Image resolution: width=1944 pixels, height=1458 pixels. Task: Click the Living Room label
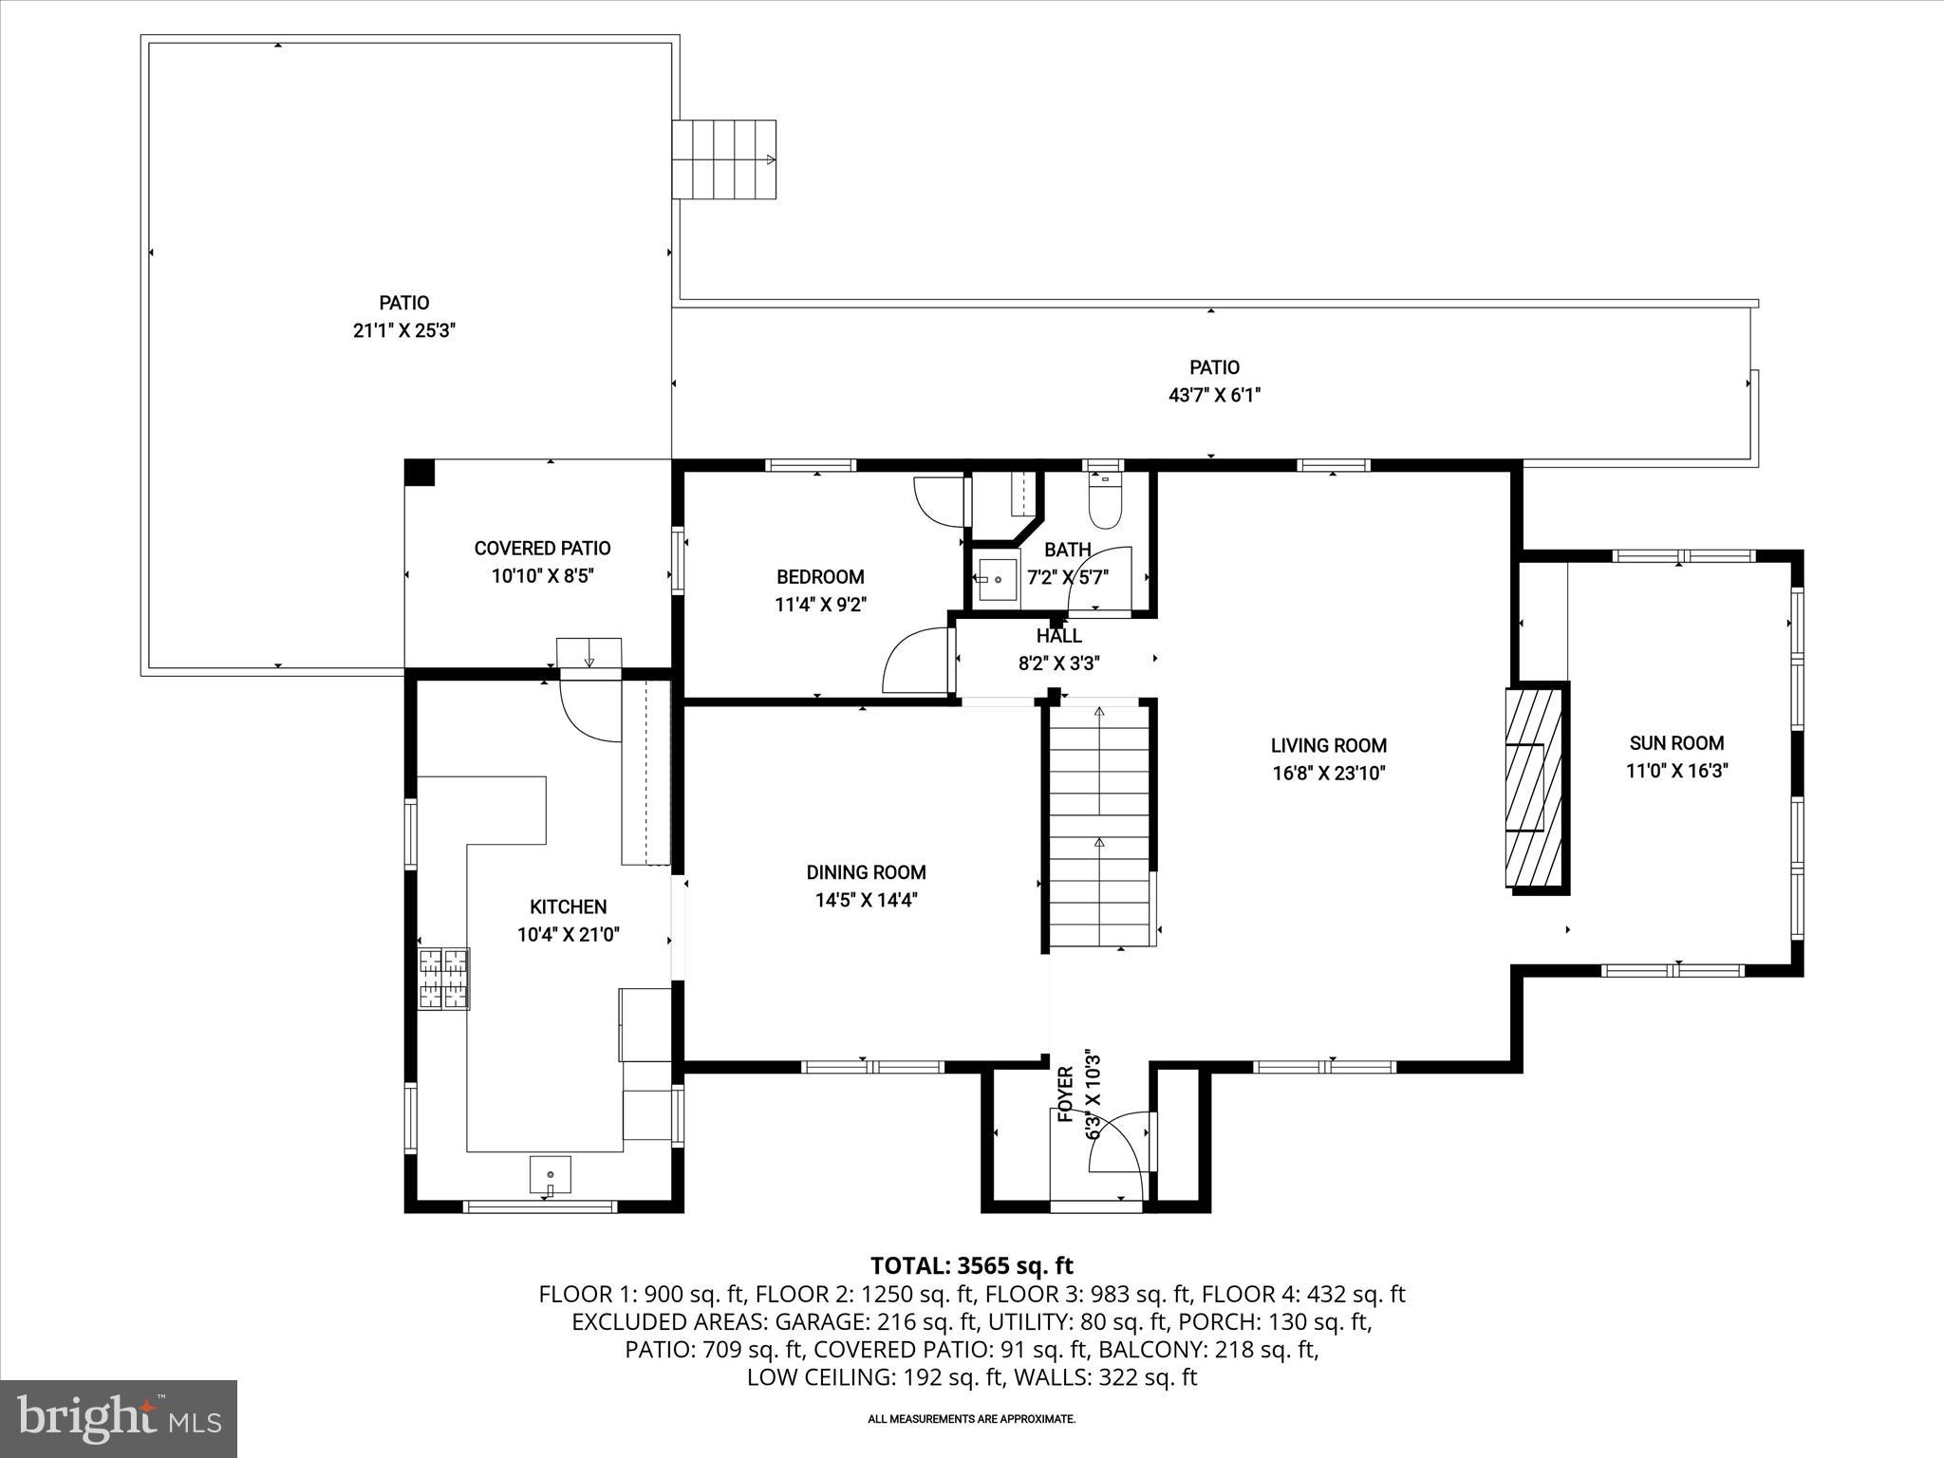click(x=1328, y=745)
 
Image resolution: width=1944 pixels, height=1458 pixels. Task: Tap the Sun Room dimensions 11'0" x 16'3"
click(x=1676, y=771)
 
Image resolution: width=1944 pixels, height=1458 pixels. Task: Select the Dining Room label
click(x=866, y=871)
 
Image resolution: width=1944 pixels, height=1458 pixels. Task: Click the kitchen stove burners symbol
click(x=444, y=979)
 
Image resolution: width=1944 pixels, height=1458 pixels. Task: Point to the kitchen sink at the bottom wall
click(x=551, y=1174)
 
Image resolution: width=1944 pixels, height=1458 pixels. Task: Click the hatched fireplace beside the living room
click(x=1534, y=788)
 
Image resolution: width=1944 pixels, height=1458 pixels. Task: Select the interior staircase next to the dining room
click(x=1099, y=826)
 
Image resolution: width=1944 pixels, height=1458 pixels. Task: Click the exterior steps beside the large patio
click(x=724, y=159)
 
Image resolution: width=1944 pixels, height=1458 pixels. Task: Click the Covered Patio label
click(x=542, y=548)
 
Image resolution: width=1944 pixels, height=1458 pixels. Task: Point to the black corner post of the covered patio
click(x=420, y=473)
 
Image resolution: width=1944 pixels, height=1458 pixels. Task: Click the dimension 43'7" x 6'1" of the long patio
click(x=1214, y=395)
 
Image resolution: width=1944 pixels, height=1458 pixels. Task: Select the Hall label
click(x=1058, y=636)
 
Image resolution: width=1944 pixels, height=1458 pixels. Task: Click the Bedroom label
click(x=820, y=576)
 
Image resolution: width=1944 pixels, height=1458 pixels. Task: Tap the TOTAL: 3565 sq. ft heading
click(x=971, y=1265)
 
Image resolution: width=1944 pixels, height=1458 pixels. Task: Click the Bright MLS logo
click(x=119, y=1418)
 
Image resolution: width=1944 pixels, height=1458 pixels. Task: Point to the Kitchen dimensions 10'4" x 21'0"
click(x=568, y=934)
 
